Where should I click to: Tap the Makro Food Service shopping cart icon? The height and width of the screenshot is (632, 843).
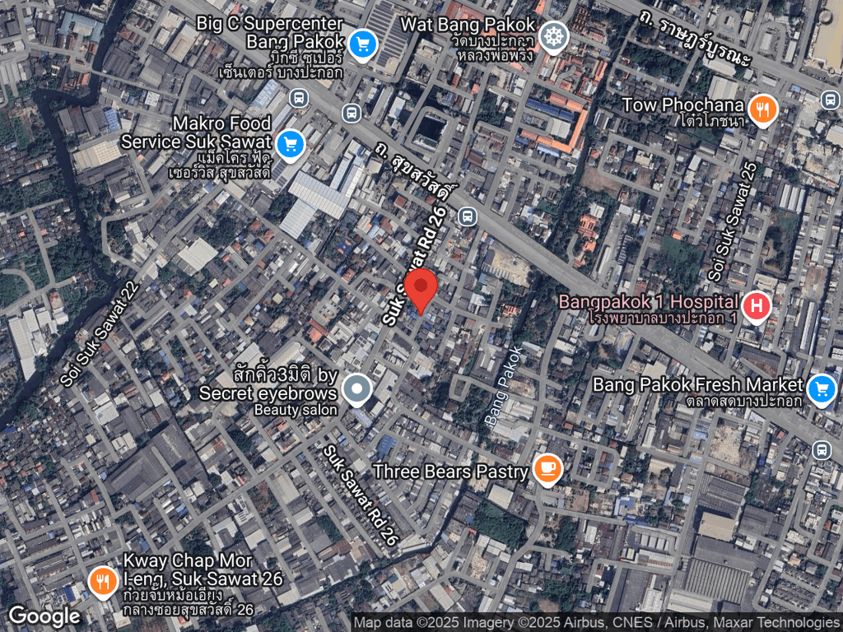(x=289, y=145)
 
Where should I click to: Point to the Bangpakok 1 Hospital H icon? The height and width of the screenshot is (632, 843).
(x=756, y=307)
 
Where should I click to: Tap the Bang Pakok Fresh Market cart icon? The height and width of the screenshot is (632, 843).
(x=821, y=389)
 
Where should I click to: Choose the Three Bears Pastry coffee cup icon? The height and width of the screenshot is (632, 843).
(x=547, y=470)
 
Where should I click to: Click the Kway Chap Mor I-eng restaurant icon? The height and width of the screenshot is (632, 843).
(x=102, y=582)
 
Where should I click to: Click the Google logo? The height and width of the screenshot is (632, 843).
(x=44, y=616)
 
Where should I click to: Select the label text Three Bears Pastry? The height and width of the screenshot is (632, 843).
(x=449, y=472)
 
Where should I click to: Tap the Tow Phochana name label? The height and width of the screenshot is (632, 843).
(x=682, y=105)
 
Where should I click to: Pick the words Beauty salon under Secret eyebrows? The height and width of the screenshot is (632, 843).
(x=296, y=410)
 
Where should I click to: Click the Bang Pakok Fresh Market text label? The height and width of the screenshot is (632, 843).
(x=697, y=384)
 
